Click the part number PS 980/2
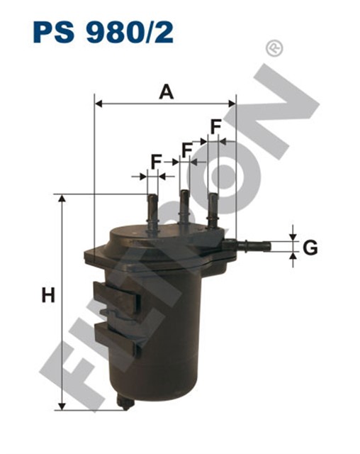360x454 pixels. (x=102, y=32)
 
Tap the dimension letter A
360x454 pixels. (x=166, y=92)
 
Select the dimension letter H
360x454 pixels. (x=47, y=295)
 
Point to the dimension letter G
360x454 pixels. (x=310, y=248)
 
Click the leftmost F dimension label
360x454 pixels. (x=156, y=162)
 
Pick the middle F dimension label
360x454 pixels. (x=188, y=150)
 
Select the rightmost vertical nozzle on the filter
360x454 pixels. (x=212, y=207)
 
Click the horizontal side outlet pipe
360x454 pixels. (x=252, y=247)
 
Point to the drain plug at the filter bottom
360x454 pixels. (x=125, y=402)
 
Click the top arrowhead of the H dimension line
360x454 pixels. (x=62, y=199)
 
